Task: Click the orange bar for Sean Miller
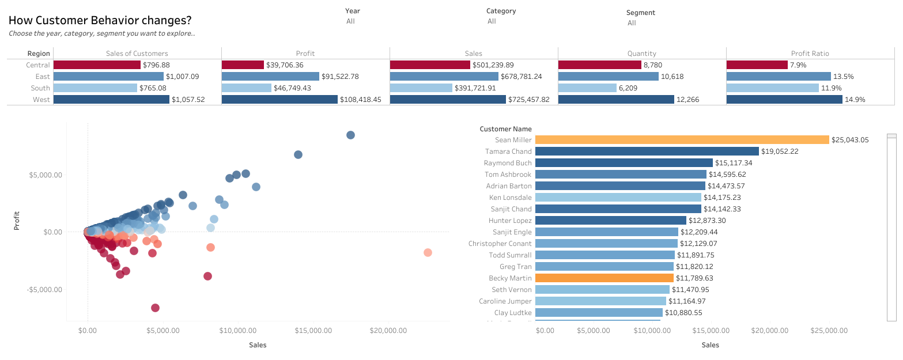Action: [x=682, y=140]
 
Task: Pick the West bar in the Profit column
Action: [x=279, y=100]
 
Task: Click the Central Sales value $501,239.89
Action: [x=493, y=65]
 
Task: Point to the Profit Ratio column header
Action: [x=810, y=54]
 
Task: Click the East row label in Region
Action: [x=43, y=77]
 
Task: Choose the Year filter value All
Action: [x=350, y=21]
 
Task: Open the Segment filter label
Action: [x=640, y=13]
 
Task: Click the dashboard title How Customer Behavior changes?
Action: [x=100, y=20]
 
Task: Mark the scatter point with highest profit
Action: [x=350, y=135]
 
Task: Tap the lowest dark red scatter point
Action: [x=155, y=308]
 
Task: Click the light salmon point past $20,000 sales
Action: [x=428, y=252]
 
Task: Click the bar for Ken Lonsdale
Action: [x=618, y=198]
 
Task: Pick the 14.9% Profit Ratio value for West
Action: [x=855, y=100]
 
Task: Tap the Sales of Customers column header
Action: [x=137, y=54]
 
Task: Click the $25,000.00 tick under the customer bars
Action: [x=829, y=331]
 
